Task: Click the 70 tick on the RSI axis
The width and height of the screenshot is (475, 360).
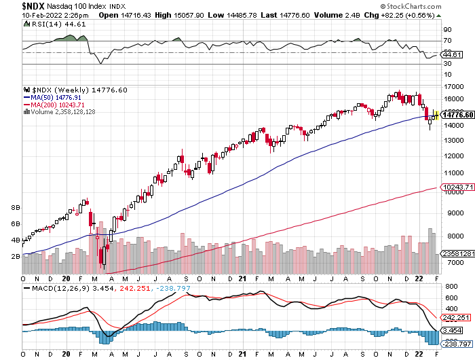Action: pos(448,41)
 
